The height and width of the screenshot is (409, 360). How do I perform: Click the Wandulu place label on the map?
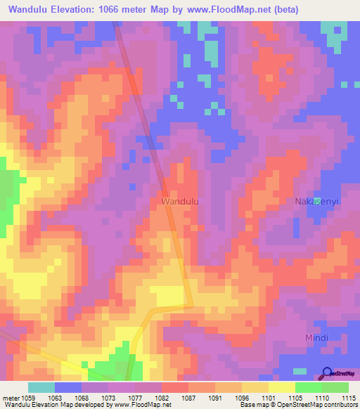pyautogui.click(x=180, y=201)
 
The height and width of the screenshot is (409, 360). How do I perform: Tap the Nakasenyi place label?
pyautogui.click(x=316, y=201)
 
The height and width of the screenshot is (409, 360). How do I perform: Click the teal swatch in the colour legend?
pyautogui.click(x=41, y=387)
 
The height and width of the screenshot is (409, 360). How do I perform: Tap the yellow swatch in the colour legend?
pyautogui.click(x=281, y=387)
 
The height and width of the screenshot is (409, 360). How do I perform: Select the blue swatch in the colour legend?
pyautogui.click(x=68, y=387)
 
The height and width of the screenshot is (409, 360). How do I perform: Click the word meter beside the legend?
pyautogui.click(x=10, y=398)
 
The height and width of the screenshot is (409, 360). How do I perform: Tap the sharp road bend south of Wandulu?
pyautogui.click(x=192, y=304)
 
